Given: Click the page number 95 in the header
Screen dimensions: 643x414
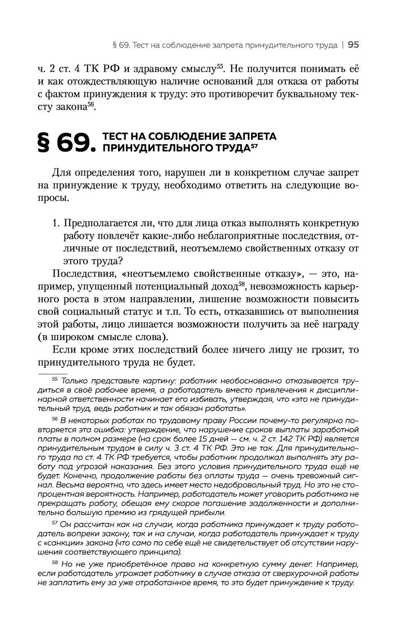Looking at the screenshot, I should (x=353, y=45).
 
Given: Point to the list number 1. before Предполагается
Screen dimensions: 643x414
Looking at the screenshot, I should (x=57, y=223).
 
